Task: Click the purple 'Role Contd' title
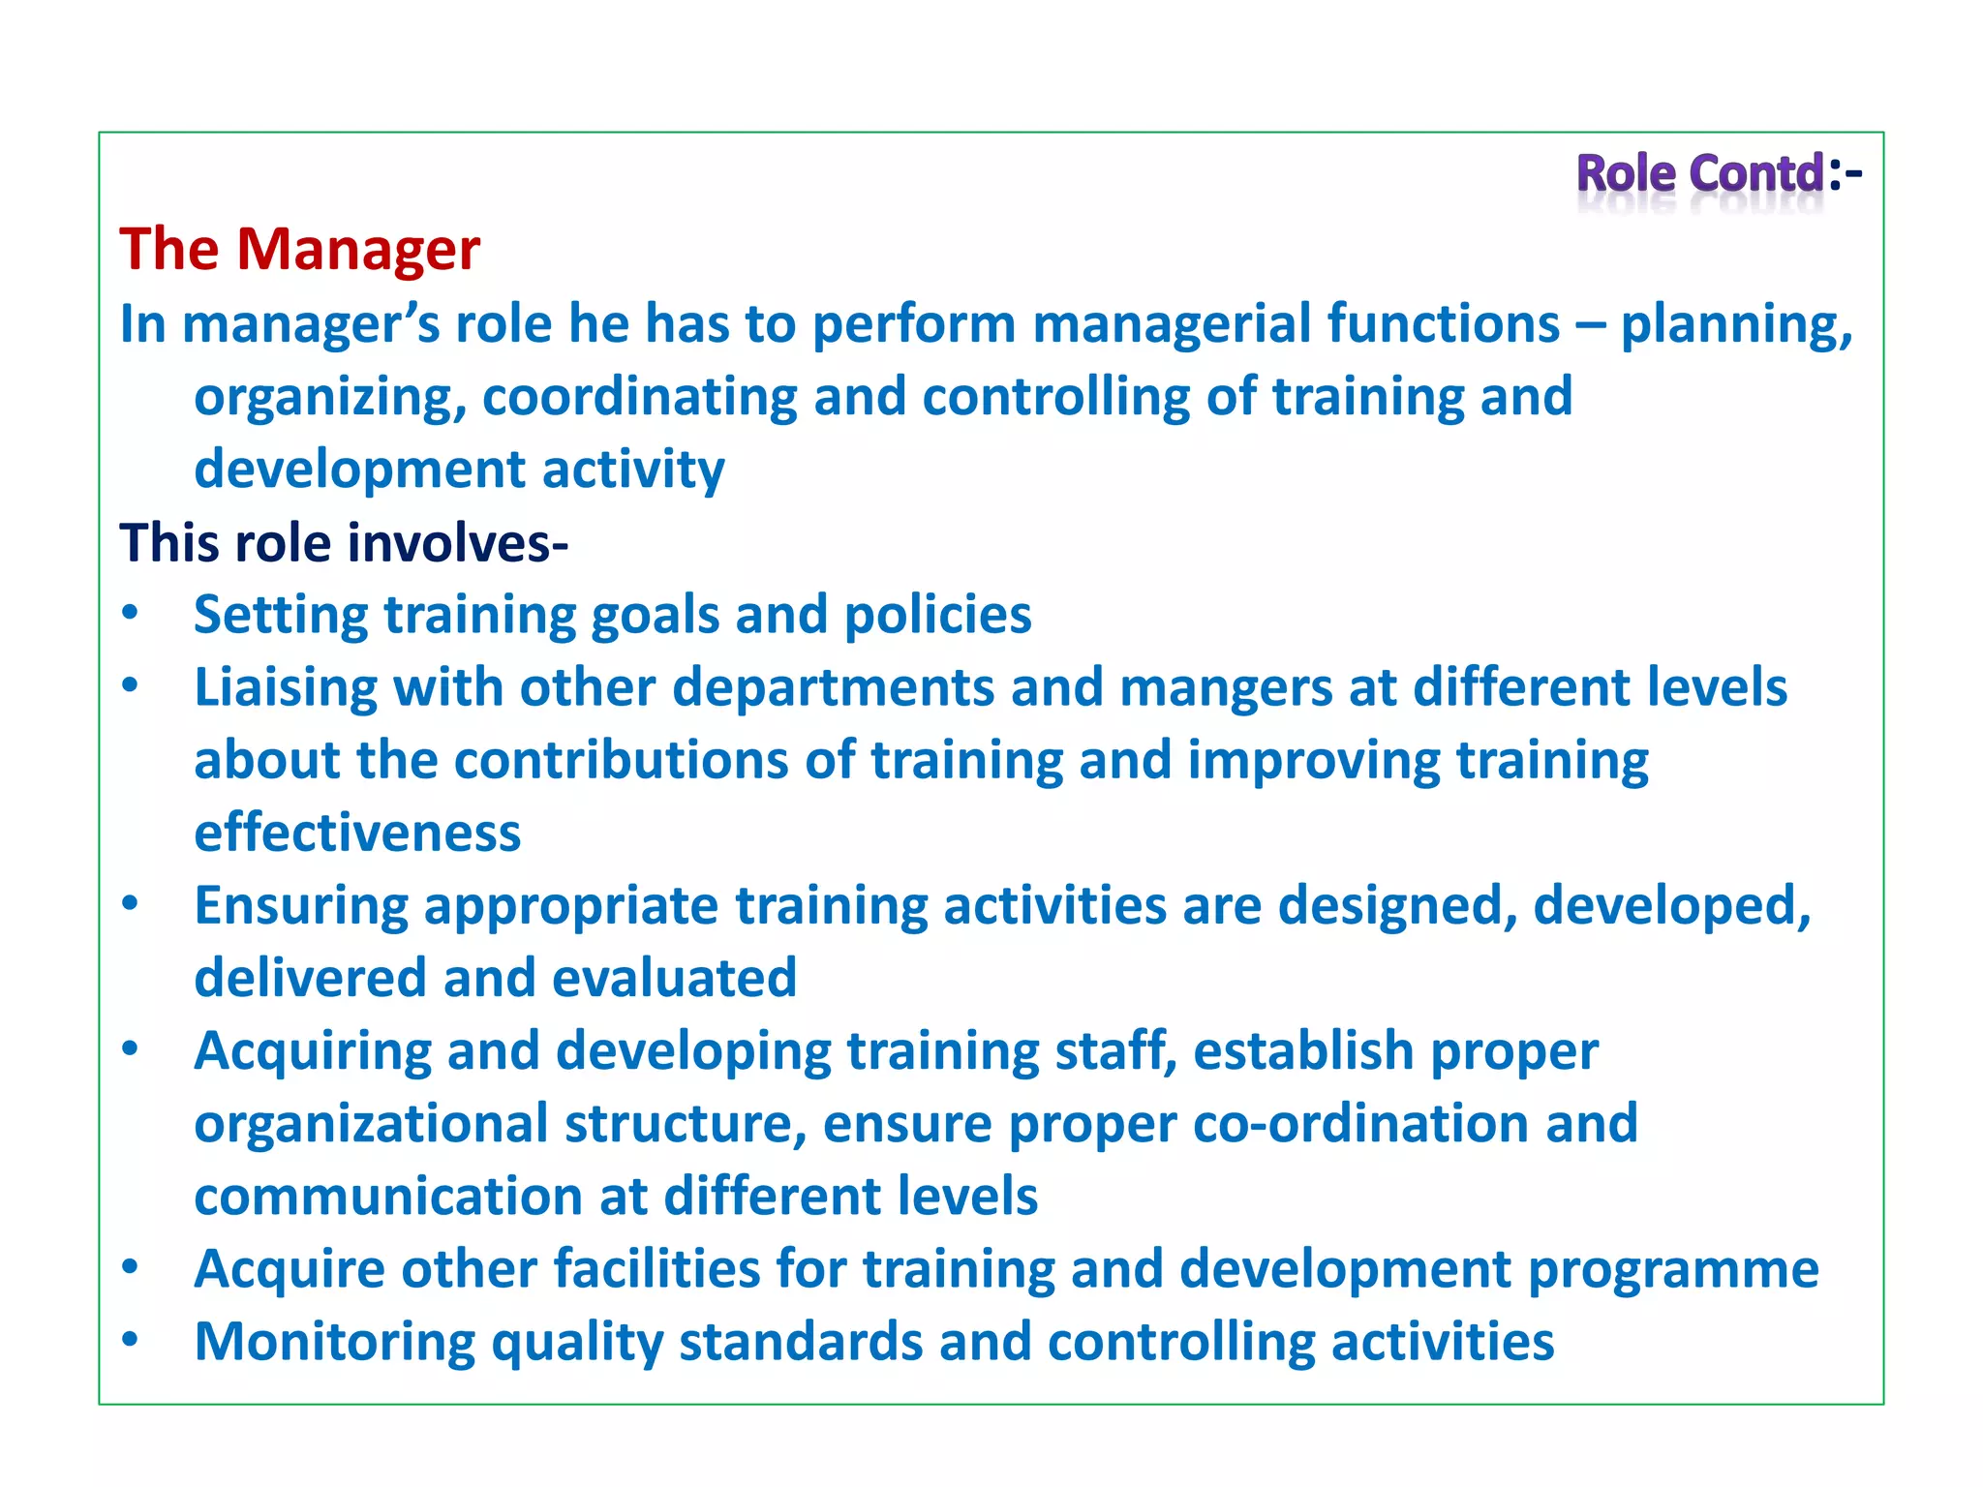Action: pyautogui.click(x=1700, y=174)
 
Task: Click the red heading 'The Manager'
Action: pyautogui.click(x=299, y=249)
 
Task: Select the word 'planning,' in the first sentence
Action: pyautogui.click(x=1736, y=324)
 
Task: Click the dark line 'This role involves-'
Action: pyautogui.click(x=344, y=542)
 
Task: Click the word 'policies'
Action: pyautogui.click(x=937, y=615)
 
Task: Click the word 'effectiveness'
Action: pyautogui.click(x=357, y=833)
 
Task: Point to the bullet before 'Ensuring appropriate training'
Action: pyautogui.click(x=131, y=904)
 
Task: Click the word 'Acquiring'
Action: pyautogui.click(x=313, y=1051)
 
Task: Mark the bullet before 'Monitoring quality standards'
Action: pyautogui.click(x=131, y=1340)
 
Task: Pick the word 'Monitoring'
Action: pyautogui.click(x=335, y=1343)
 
